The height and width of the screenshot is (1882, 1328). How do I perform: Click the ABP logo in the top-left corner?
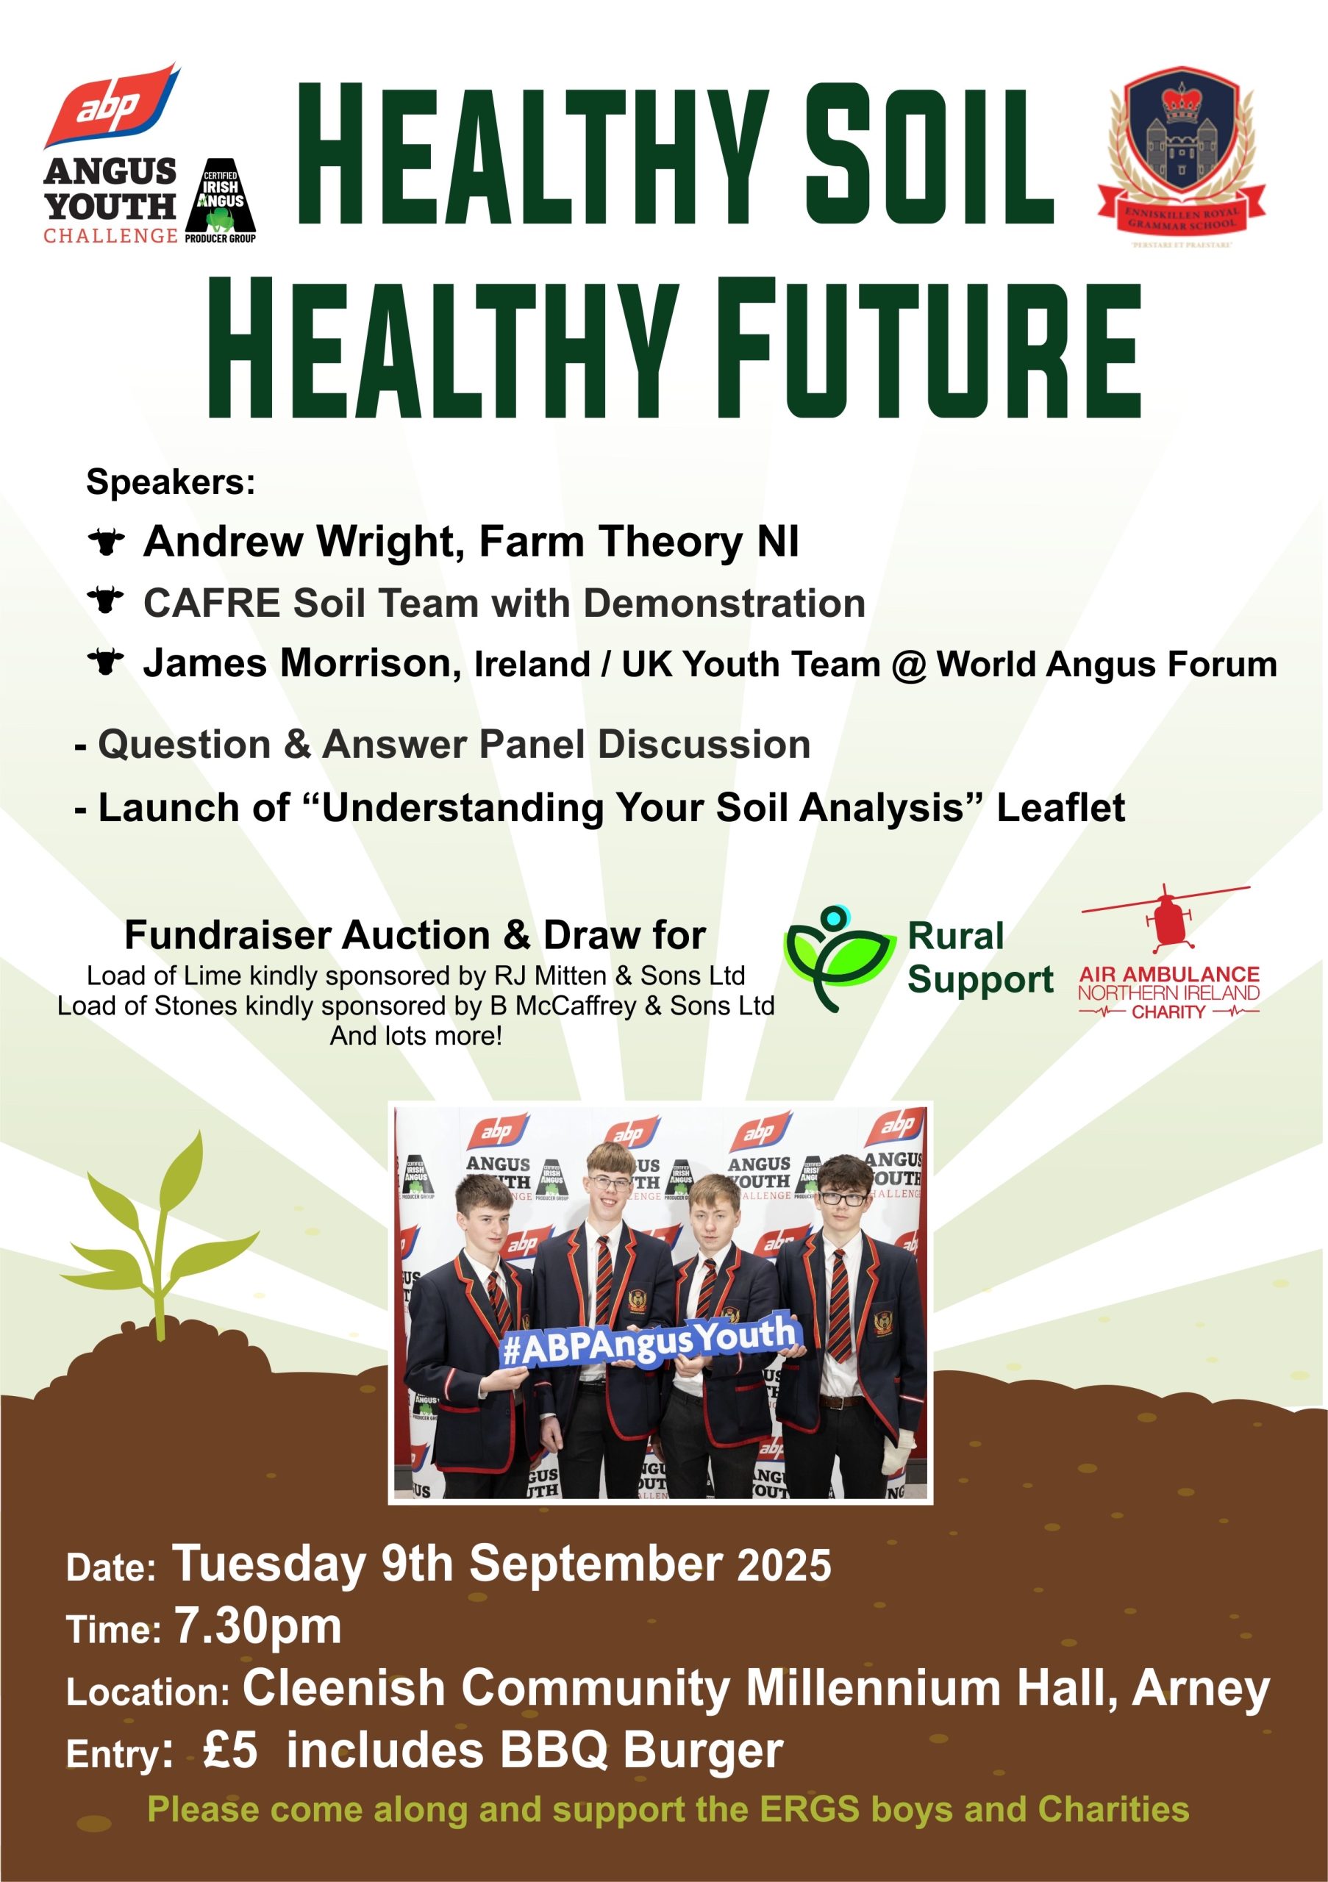112,105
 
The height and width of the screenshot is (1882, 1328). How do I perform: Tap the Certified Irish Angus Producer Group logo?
221,201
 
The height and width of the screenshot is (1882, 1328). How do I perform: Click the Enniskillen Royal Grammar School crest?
1180,156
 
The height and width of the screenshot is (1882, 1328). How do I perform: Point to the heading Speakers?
171,482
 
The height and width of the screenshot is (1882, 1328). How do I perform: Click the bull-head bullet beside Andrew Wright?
106,543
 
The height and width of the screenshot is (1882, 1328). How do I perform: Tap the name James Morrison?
302,663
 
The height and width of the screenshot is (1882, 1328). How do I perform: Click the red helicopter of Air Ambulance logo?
1165,918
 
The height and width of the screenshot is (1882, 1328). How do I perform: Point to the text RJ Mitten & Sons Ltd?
619,976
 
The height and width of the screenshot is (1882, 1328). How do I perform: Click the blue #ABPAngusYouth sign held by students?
648,1340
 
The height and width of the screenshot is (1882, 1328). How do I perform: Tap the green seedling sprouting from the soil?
160,1238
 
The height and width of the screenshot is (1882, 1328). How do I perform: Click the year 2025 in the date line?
785,1565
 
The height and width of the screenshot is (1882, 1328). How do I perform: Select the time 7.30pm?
257,1627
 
